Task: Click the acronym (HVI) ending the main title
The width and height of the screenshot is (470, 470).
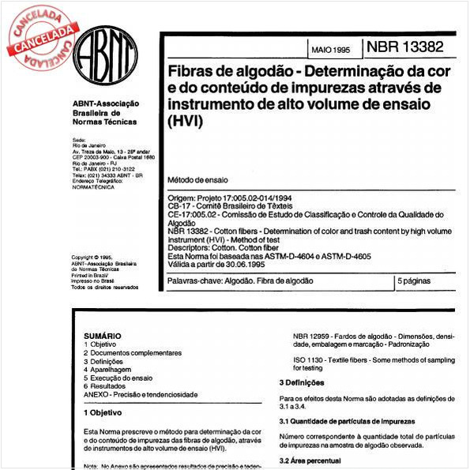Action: point(182,122)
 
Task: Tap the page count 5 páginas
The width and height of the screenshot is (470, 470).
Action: point(419,280)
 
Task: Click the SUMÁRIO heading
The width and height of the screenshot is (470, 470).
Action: point(102,336)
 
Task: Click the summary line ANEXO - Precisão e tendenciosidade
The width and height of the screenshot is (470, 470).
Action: point(141,394)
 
